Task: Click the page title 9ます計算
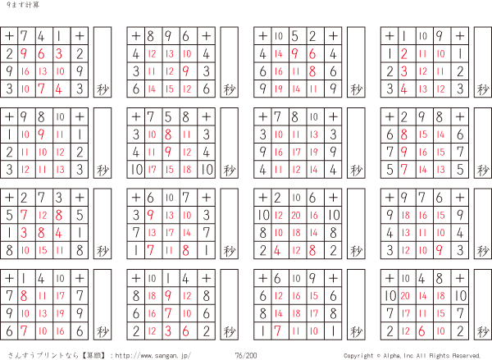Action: point(23,5)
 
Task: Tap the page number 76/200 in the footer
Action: point(246,355)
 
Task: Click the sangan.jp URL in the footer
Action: point(153,355)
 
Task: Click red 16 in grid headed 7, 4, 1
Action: point(25,71)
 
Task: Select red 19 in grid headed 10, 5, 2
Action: point(278,89)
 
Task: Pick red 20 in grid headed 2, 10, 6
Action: point(296,216)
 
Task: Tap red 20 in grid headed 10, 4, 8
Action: point(405,296)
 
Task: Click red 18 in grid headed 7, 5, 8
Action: point(187,170)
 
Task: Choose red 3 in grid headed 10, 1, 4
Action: point(168,331)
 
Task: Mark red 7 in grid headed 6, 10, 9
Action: point(277,331)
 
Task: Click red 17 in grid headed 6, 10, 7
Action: point(170,233)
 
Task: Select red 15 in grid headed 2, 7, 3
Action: point(43,250)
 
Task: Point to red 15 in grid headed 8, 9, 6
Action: point(170,89)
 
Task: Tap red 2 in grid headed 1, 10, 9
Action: point(404,54)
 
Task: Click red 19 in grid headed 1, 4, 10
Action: point(60,313)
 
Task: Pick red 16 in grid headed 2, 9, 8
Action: point(423,153)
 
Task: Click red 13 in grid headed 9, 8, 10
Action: point(60,170)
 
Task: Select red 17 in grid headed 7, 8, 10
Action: point(296,153)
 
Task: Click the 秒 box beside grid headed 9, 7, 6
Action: point(483,224)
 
